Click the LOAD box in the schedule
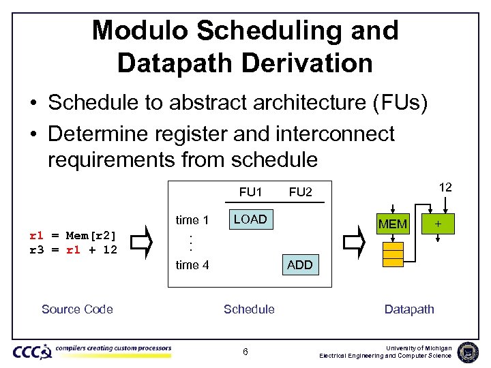coord(250,219)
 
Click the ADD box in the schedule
coord(299,265)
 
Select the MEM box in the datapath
coord(393,224)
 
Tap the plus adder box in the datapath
coord(437,224)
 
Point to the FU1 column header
coord(252,192)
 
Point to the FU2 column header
coord(300,192)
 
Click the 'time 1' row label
coord(192,219)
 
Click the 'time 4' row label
coord(192,265)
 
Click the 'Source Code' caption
coord(77,309)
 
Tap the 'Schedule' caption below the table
coord(249,309)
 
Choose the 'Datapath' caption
coord(409,309)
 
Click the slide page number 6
coord(246,352)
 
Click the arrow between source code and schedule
coord(140,243)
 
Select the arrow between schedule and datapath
coord(354,243)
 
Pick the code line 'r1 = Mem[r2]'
coord(73,236)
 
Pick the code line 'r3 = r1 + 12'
coord(73,249)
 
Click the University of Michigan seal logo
coord(468,352)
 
